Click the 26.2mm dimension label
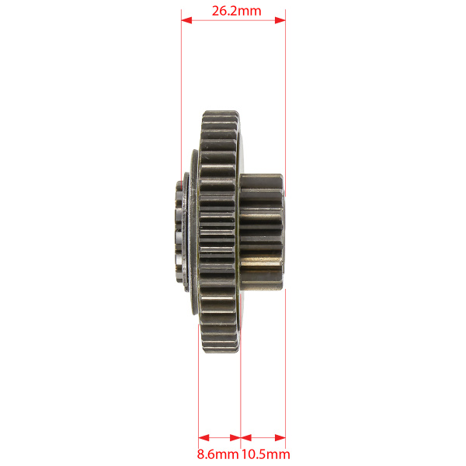click(x=236, y=12)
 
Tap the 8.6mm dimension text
click(x=217, y=454)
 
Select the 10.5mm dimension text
click(x=266, y=454)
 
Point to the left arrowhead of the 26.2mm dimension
click(x=186, y=20)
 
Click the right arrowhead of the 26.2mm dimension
click(x=280, y=20)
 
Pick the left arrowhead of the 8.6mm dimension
click(x=203, y=438)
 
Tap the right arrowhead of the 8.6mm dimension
click(x=235, y=438)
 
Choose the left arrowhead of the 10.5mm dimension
click(x=245, y=438)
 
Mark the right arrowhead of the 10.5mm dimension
click(x=280, y=438)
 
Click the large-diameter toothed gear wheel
click(x=220, y=231)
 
